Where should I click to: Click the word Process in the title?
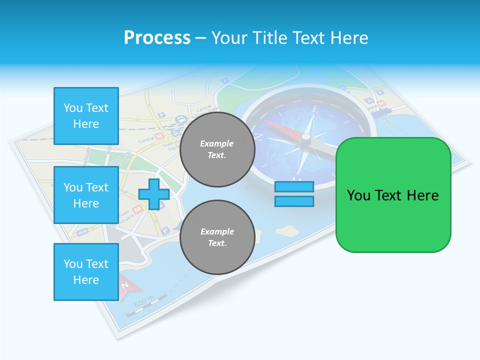pyautogui.click(x=157, y=38)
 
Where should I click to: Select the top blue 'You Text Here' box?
pyautogui.click(x=86, y=115)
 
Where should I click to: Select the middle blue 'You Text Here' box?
pyautogui.click(x=86, y=195)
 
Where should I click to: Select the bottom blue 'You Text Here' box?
pyautogui.click(x=86, y=271)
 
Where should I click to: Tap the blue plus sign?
pyautogui.click(x=154, y=194)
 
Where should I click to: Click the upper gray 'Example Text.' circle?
pyautogui.click(x=217, y=149)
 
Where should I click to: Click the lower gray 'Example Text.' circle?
pyautogui.click(x=217, y=237)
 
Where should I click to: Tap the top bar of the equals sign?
pyautogui.click(x=294, y=187)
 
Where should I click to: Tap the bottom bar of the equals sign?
pyautogui.click(x=294, y=201)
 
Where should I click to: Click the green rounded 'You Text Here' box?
pyautogui.click(x=393, y=195)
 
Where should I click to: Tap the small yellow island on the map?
pyautogui.click(x=285, y=230)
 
